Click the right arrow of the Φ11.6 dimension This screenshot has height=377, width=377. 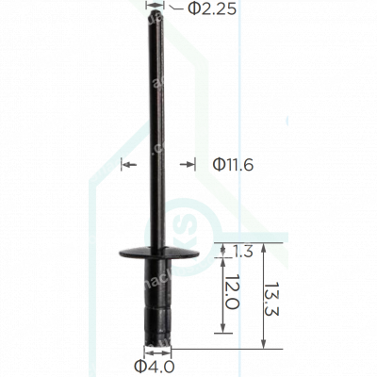pos(185,165)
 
